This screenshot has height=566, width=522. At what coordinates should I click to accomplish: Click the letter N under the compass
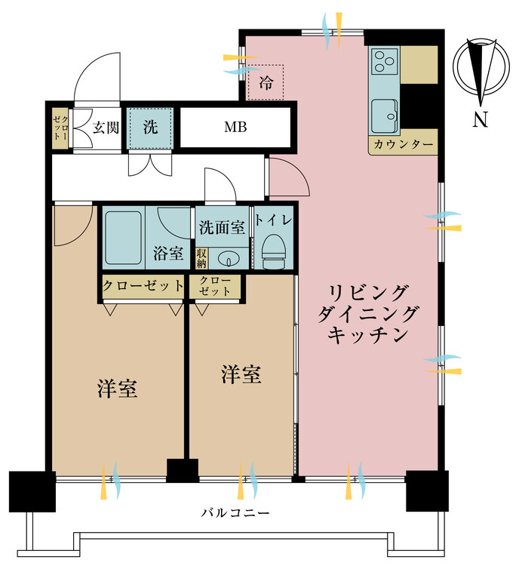click(480, 119)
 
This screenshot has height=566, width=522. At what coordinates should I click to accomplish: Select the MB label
click(235, 127)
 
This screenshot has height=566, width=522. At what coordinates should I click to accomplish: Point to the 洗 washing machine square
click(151, 127)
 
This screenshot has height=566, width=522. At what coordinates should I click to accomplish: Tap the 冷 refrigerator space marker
click(266, 81)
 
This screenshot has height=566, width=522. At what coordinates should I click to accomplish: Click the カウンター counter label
click(403, 144)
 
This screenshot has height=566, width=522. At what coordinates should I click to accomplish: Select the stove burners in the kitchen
click(385, 59)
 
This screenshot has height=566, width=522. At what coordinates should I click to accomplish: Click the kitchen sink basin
click(384, 114)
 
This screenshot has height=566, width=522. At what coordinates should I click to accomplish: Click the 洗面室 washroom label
click(221, 226)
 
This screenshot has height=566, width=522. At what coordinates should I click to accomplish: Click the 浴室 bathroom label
click(170, 254)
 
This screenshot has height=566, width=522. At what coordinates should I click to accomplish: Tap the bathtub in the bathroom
click(123, 237)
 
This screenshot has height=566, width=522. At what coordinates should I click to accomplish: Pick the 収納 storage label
click(201, 258)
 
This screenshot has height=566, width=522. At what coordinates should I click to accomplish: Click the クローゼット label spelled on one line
click(143, 286)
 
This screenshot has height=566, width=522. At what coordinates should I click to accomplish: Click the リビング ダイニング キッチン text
click(368, 312)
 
